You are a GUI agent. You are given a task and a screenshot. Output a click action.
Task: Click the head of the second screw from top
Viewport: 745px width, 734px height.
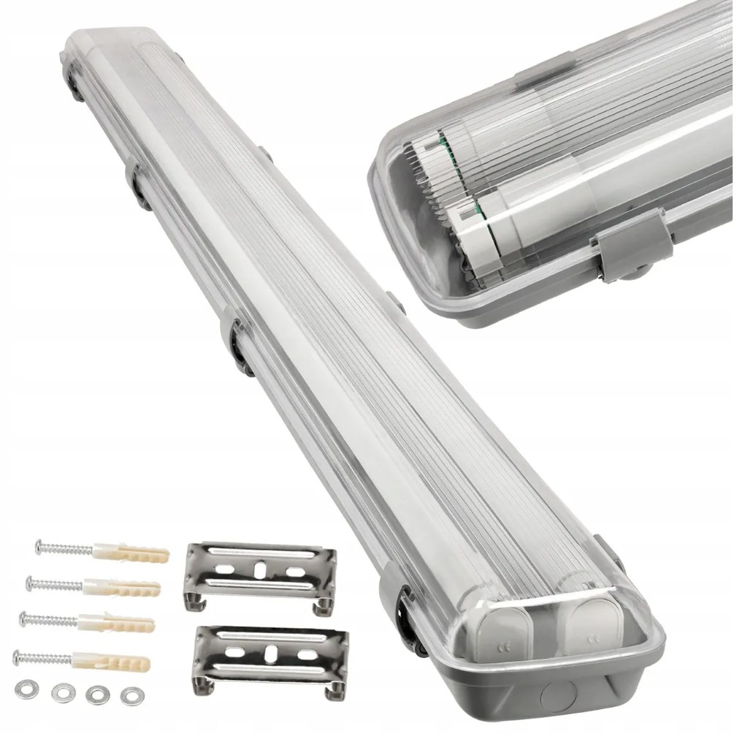31,582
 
